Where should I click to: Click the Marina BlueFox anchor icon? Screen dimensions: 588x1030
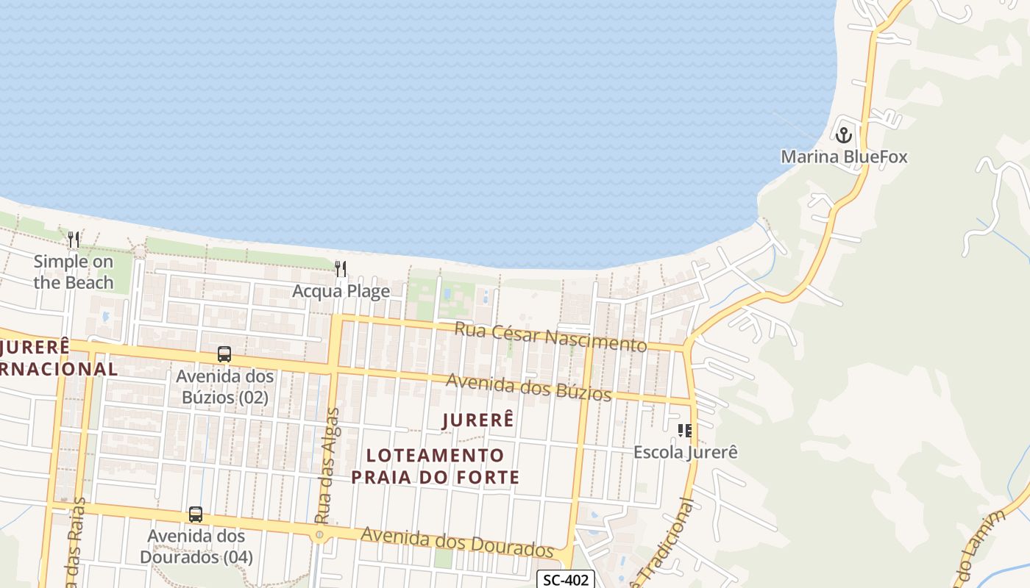[843, 135]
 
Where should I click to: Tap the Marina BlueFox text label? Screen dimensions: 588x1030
[844, 157]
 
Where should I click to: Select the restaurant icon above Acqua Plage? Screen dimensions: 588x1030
[341, 269]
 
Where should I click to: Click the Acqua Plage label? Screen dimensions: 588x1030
[341, 291]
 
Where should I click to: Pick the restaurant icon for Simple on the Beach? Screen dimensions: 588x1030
[74, 240]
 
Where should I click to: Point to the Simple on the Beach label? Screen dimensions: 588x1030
[74, 271]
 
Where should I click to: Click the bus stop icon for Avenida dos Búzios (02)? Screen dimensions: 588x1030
[224, 354]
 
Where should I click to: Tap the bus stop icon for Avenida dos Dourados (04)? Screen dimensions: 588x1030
[196, 514]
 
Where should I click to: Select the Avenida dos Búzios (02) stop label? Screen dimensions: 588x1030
[224, 387]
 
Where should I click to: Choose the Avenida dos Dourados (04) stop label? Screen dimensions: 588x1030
[196, 547]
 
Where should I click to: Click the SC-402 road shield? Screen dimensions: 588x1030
[566, 580]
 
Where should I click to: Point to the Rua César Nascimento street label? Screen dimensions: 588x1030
[550, 336]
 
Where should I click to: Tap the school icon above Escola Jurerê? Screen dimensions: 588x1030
[685, 430]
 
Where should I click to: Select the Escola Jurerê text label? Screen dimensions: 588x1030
[685, 452]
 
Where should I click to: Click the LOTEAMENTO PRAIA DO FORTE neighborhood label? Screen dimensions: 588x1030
[435, 466]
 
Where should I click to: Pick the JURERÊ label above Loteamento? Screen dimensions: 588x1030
[478, 420]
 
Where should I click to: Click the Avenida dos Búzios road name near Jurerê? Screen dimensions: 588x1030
[528, 387]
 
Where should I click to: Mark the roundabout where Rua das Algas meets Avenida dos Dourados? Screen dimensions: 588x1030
[319, 535]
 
